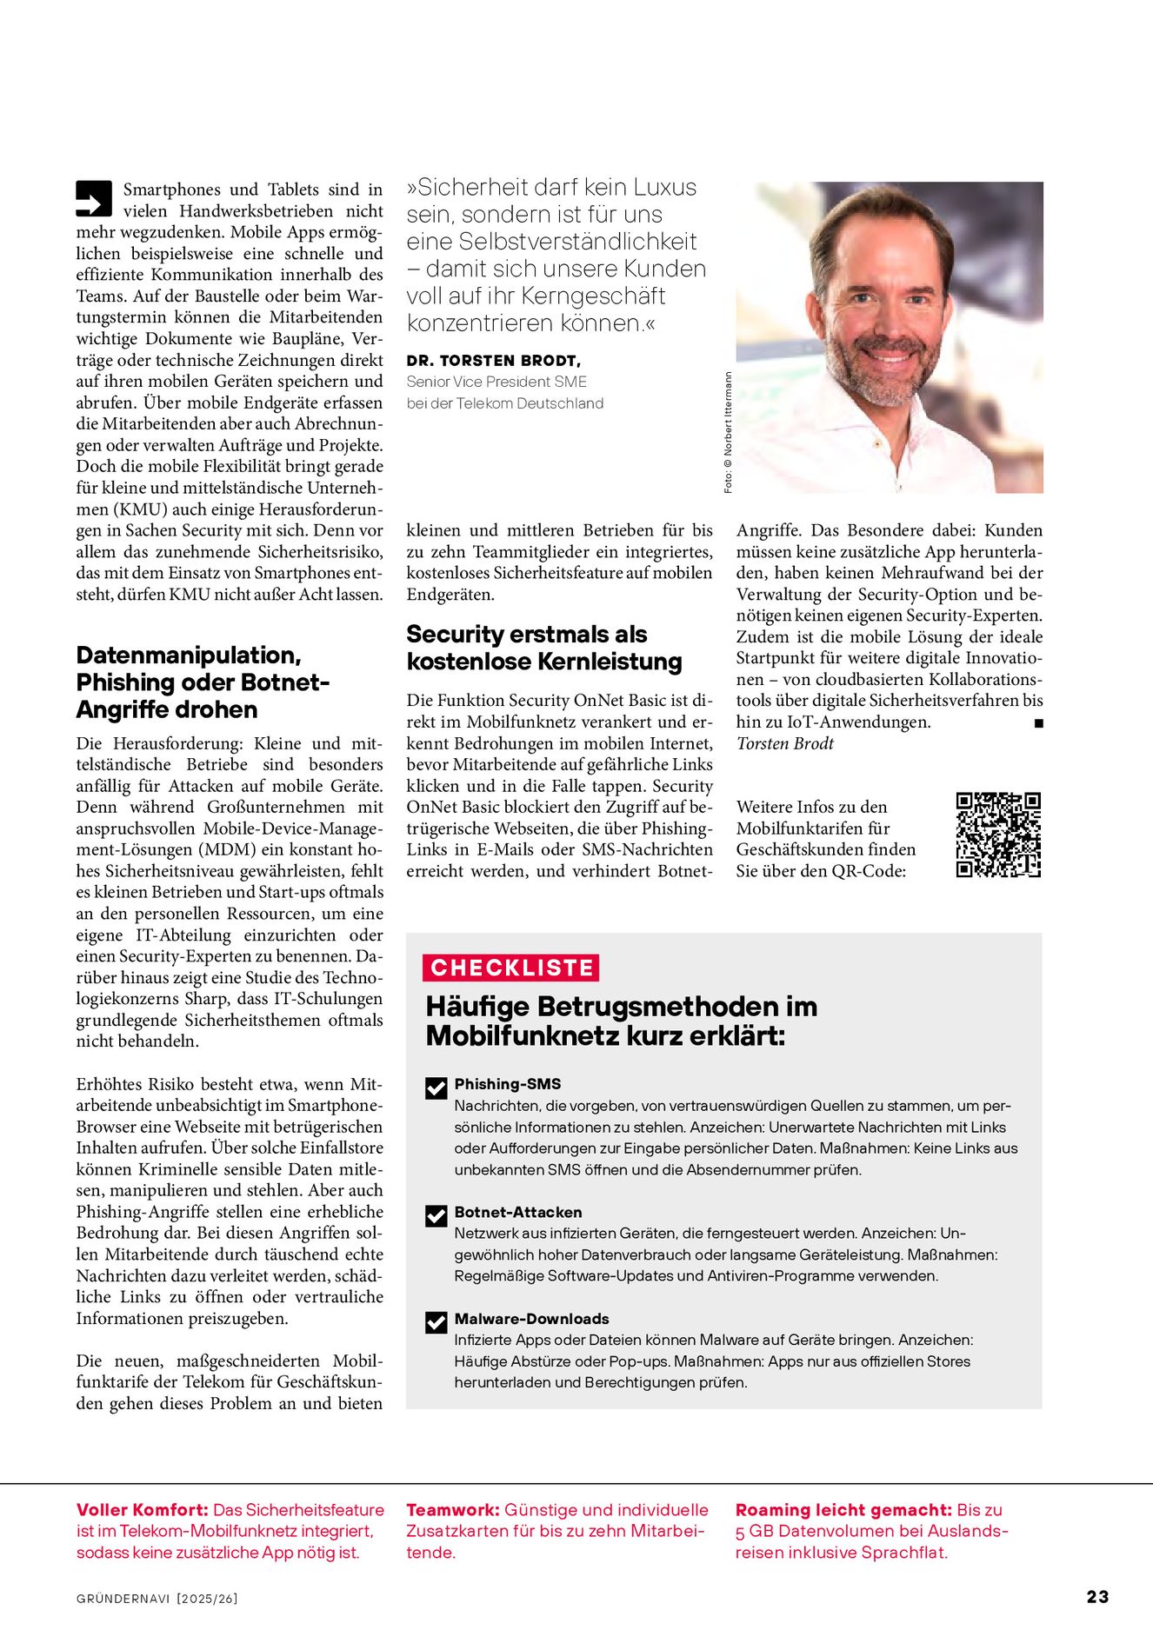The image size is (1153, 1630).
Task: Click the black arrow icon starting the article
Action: tap(94, 198)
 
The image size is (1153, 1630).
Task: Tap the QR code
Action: tap(998, 835)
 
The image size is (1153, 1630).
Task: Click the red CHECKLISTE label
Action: tap(511, 968)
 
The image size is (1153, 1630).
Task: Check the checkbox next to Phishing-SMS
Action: tap(437, 1088)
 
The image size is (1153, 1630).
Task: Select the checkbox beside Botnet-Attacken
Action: tap(437, 1215)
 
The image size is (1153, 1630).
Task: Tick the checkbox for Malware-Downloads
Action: tap(437, 1322)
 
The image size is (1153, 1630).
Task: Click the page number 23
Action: tap(1097, 1597)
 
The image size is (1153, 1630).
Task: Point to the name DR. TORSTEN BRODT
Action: tap(493, 360)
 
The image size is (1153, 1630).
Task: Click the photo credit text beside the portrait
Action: tap(728, 432)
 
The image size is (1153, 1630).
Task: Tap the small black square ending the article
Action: tap(1038, 722)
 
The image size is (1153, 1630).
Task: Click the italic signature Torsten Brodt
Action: tap(784, 743)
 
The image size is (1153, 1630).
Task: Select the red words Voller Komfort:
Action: tap(142, 1510)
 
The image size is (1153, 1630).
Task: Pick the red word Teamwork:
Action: tap(452, 1510)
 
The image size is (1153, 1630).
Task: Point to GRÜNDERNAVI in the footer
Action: tap(123, 1598)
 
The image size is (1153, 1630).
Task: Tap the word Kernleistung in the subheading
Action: tap(610, 662)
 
